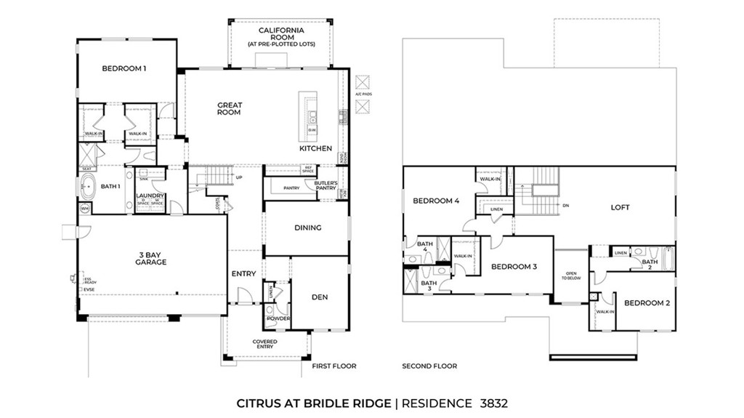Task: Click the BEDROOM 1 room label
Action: [x=124, y=69]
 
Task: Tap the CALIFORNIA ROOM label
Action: [x=280, y=34]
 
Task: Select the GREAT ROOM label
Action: [x=230, y=109]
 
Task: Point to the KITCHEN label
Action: [x=315, y=148]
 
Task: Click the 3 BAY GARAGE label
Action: [x=151, y=258]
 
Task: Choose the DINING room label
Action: [x=307, y=228]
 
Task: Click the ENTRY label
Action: [x=243, y=274]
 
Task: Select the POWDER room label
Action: [x=278, y=318]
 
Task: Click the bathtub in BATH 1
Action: [x=88, y=187]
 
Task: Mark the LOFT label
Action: [x=620, y=207]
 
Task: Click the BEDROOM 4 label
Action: [x=436, y=201]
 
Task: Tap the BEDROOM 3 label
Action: [x=514, y=267]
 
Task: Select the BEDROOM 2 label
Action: [x=647, y=303]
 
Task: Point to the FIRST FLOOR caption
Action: [x=334, y=366]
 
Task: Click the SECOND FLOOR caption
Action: [x=429, y=366]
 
